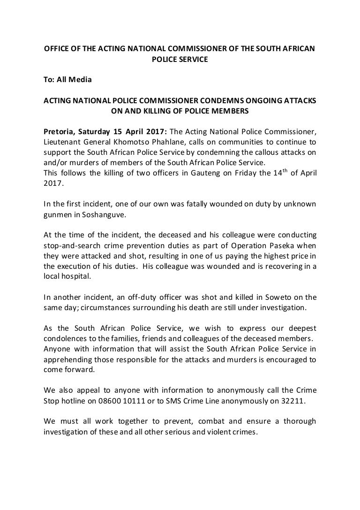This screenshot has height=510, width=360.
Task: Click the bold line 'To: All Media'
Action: point(67,79)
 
